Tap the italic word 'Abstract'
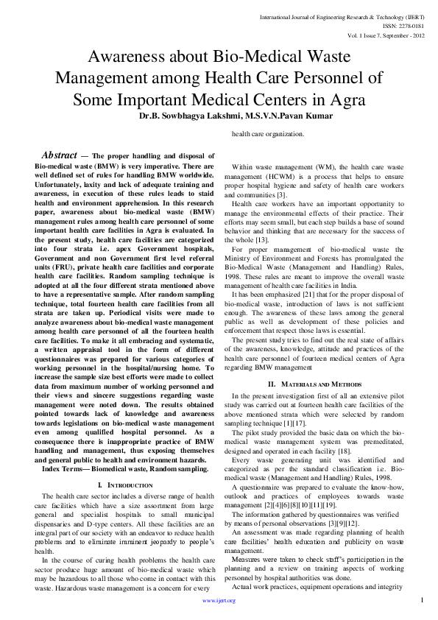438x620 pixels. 59,155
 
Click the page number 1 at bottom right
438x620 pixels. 423,600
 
